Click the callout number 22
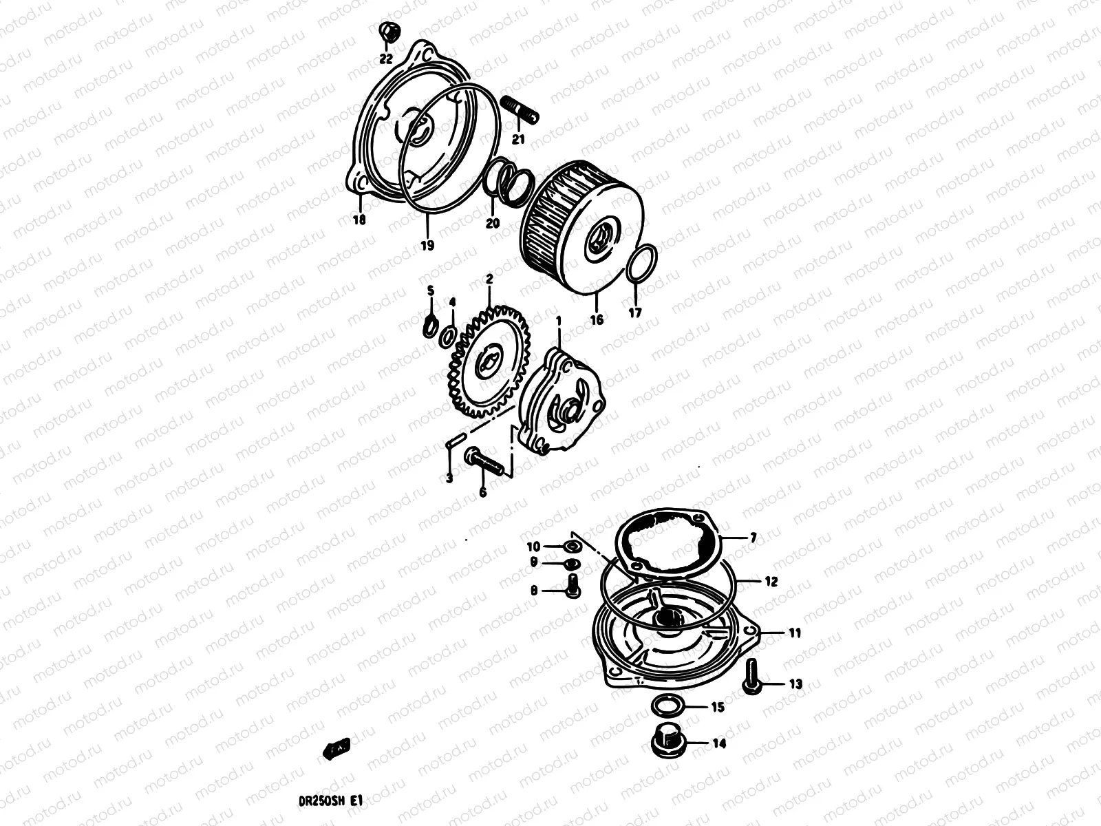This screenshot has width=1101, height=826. [385, 59]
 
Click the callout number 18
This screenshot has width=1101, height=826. [359, 220]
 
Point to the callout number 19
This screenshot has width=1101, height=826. [427, 245]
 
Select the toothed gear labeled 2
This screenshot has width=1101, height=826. [486, 364]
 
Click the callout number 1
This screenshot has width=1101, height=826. [559, 321]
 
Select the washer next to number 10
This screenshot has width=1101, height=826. [571, 547]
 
